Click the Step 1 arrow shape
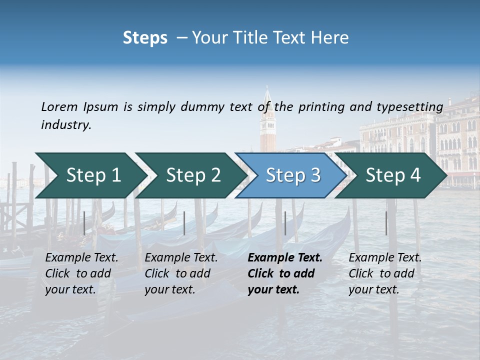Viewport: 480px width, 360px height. (90, 175)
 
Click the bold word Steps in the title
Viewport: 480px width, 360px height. (145, 38)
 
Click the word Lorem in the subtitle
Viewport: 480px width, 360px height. (59, 106)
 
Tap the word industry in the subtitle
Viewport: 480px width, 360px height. (66, 125)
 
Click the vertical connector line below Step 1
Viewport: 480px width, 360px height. (84, 223)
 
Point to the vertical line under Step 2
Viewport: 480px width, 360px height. (184, 223)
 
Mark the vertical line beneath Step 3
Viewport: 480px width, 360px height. (285, 223)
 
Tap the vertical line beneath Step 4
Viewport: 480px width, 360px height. (386, 223)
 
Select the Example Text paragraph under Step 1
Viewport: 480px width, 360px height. (81, 273)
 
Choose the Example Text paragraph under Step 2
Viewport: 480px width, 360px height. (181, 273)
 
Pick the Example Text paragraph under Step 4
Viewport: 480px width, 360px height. (385, 273)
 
